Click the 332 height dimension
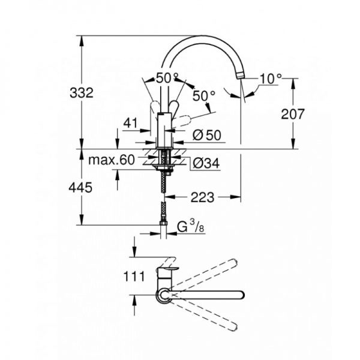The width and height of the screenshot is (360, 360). coord(82,93)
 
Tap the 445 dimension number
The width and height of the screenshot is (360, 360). coord(80,188)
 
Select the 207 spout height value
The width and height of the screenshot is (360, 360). coord(293,114)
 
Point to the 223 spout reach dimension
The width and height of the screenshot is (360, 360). coord(203,197)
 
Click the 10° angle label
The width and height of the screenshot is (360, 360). coord(271,79)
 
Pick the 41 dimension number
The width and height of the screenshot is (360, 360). coord(130,123)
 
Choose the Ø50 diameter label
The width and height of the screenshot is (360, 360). coord(207,135)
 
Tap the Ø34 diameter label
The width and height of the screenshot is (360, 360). coord(206,163)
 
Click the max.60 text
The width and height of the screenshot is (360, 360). coord(112,160)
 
